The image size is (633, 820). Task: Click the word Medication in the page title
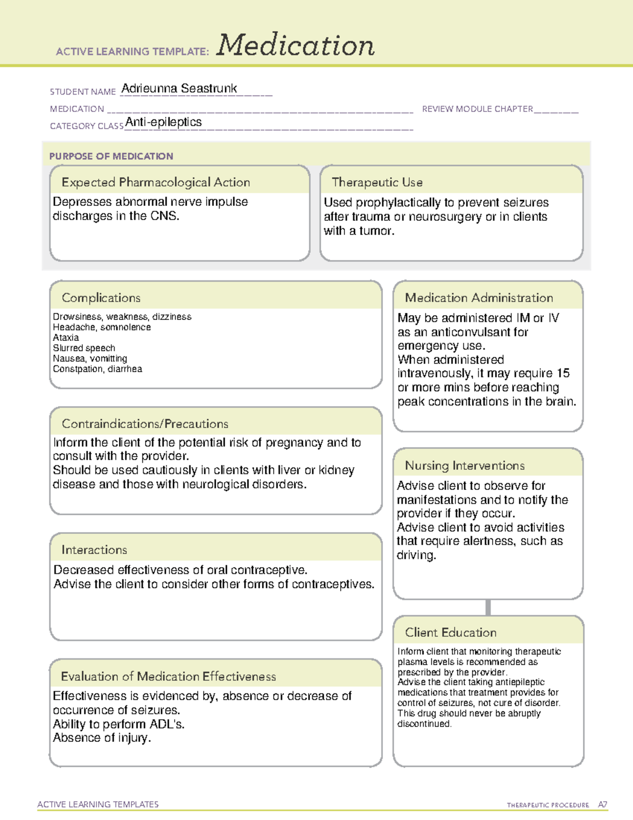coord(295,45)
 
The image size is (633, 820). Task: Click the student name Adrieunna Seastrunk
coord(179,88)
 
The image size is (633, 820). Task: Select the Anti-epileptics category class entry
coord(164,122)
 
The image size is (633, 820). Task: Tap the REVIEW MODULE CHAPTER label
coord(477,109)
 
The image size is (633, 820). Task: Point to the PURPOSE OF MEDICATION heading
coord(111,156)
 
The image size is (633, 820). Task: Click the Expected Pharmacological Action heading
coord(156,182)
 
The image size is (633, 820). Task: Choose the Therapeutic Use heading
coord(377,182)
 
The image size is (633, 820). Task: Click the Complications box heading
coord(101,298)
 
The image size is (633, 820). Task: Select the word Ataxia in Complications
coord(66,337)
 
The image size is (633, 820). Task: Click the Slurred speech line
coord(84,348)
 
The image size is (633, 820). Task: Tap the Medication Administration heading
coord(479,298)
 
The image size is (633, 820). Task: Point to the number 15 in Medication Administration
coord(563,373)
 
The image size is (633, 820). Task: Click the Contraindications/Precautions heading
coord(145,423)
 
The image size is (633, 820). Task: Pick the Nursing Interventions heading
coord(465,466)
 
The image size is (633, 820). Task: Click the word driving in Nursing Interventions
coord(416,555)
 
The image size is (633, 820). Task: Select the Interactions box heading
coord(94,550)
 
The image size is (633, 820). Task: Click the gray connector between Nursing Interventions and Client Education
coord(488,607)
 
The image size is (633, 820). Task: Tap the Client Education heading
coord(450,633)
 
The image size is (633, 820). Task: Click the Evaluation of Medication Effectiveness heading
coord(168,676)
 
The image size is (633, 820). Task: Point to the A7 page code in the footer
coord(602,805)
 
